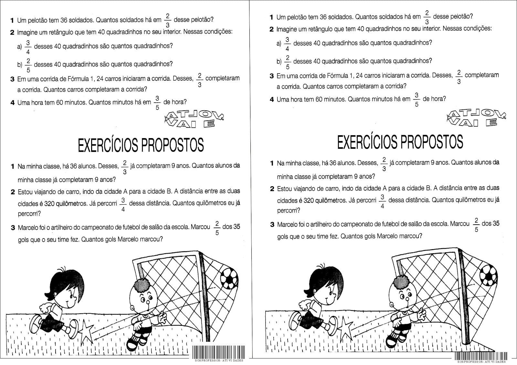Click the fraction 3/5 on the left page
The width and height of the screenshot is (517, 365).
point(157,103)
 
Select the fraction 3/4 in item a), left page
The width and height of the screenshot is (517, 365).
point(28,46)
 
